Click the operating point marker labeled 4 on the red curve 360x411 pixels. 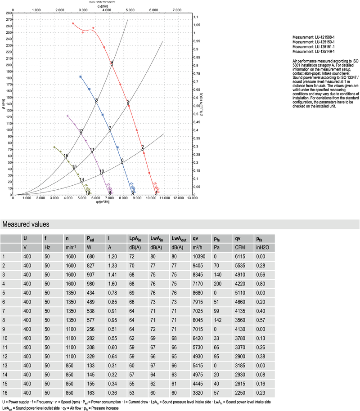point(112,65)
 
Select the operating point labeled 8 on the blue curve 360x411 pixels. point(96,102)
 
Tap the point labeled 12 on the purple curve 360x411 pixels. point(81,134)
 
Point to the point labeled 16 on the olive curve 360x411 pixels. point(66,158)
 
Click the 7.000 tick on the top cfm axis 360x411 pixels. point(177,9)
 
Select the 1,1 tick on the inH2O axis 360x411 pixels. point(196,17)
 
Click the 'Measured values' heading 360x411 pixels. point(26,224)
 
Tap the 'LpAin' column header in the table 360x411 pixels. point(135,238)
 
